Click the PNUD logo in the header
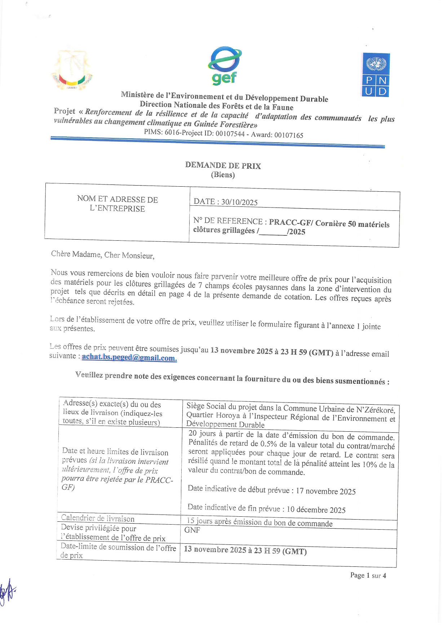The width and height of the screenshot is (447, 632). pyautogui.click(x=376, y=75)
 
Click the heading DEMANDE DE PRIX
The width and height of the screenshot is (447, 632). pyautogui.click(x=223, y=165)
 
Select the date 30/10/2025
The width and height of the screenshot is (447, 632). pyautogui.click(x=239, y=202)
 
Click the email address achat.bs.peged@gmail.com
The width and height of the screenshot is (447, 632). pyautogui.click(x=129, y=357)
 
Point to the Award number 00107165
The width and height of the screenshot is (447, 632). pyautogui.click(x=288, y=135)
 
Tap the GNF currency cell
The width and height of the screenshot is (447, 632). pyautogui.click(x=192, y=530)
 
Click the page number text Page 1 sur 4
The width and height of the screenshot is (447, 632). pyautogui.click(x=368, y=575)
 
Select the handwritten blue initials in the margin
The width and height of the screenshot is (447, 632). pyautogui.click(x=7, y=591)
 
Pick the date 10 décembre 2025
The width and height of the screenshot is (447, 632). pyautogui.click(x=316, y=509)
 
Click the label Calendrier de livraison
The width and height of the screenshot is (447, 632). pyautogui.click(x=98, y=518)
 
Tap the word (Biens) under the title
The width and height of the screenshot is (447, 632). pyautogui.click(x=223, y=175)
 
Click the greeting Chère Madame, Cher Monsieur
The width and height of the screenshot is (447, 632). pyautogui.click(x=102, y=255)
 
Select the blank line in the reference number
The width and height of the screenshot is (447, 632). pyautogui.click(x=273, y=231)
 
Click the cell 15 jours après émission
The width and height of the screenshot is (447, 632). pyautogui.click(x=260, y=522)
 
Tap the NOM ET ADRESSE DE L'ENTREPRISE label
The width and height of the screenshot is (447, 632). pyautogui.click(x=117, y=204)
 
